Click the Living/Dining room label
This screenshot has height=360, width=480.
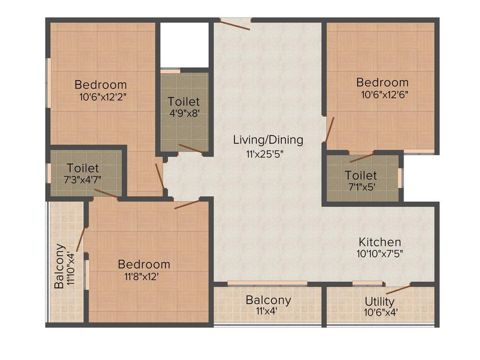point(269,140)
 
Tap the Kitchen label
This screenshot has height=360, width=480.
point(380,242)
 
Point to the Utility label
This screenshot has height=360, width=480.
point(380,301)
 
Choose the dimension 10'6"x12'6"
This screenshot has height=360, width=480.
point(384,94)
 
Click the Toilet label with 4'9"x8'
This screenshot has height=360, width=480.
point(184,101)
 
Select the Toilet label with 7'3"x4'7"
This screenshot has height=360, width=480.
point(82,168)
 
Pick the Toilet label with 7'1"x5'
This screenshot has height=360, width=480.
point(360,175)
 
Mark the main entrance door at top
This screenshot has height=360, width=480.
point(235,24)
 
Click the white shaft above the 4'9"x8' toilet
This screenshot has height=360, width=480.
point(184,45)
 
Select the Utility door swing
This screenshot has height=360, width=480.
point(398,288)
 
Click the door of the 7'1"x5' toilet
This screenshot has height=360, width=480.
point(362,157)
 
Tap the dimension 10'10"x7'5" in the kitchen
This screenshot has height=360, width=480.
point(380,254)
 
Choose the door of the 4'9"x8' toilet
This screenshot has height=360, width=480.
point(190,149)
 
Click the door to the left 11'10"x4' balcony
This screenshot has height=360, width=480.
point(80,239)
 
